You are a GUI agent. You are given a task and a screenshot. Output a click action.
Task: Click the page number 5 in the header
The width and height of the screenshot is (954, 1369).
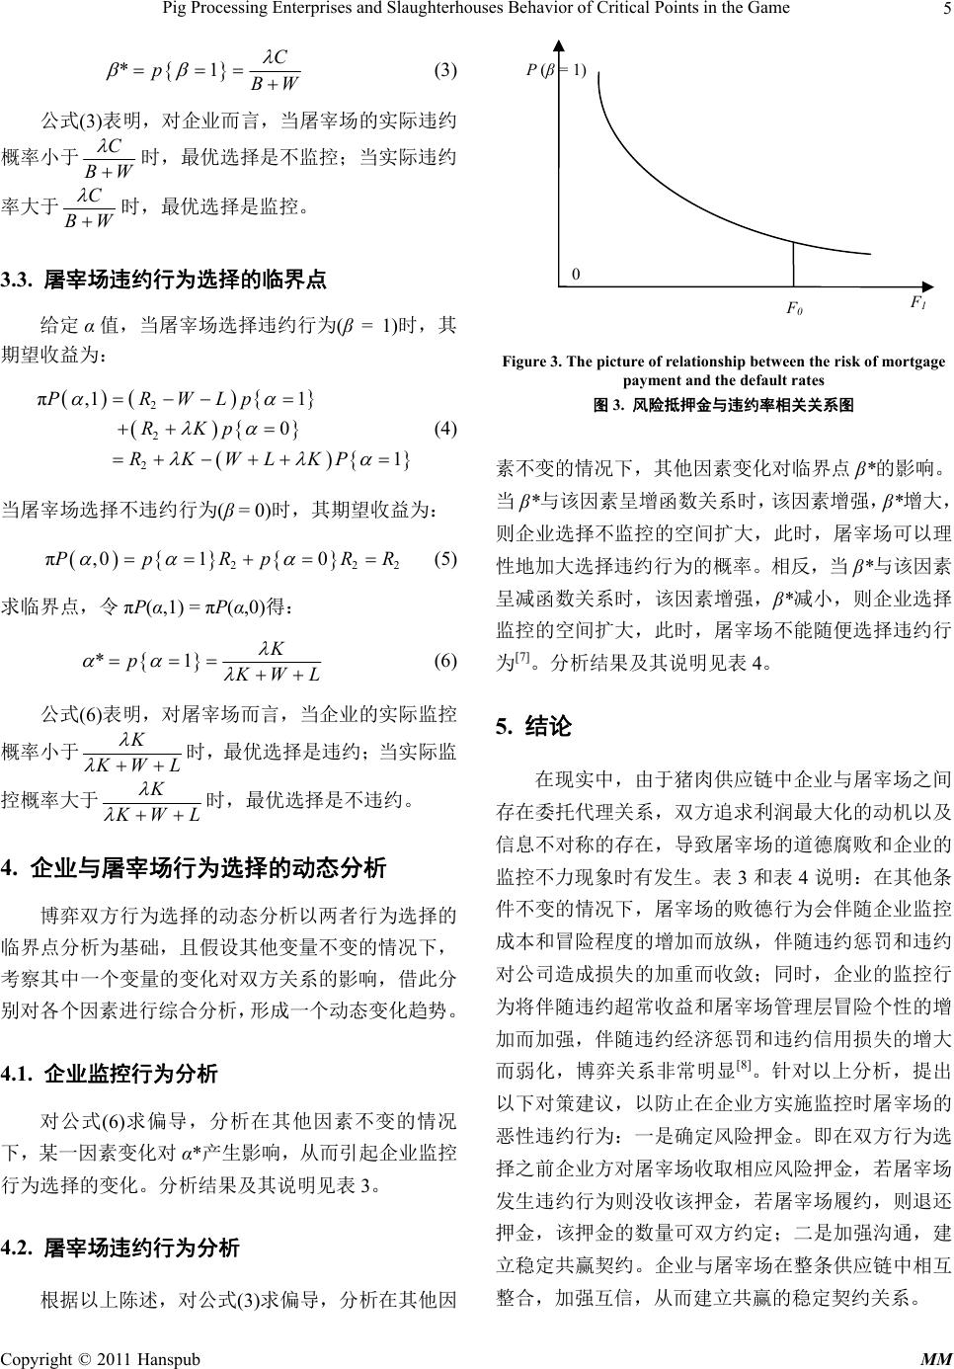click(945, 9)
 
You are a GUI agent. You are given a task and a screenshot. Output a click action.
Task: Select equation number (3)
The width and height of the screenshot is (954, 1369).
click(445, 71)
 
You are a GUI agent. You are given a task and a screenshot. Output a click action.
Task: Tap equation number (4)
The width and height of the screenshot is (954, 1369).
click(445, 428)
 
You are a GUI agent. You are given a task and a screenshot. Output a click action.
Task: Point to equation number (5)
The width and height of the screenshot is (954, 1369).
click(445, 558)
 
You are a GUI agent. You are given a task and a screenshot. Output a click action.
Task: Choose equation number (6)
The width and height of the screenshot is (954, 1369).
click(445, 660)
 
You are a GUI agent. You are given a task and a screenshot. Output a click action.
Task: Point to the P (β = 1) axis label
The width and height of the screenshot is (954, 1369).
click(556, 69)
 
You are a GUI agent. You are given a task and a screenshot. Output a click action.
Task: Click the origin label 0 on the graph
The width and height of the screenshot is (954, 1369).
click(576, 276)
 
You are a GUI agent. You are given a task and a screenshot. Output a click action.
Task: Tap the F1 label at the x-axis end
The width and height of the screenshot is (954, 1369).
click(917, 302)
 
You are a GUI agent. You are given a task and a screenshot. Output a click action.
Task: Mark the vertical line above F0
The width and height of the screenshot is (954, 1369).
click(794, 265)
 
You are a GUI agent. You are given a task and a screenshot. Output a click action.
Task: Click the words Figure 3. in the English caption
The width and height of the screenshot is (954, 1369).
click(535, 362)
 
